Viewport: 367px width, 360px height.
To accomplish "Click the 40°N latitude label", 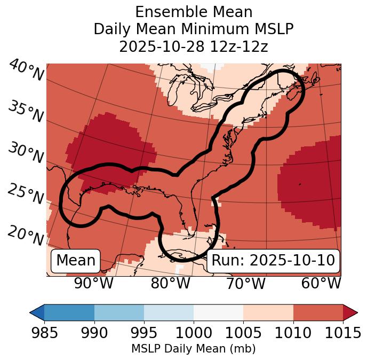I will tap(26, 71).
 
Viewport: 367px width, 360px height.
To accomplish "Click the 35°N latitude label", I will tap(26, 112).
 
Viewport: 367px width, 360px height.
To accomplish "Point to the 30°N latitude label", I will tap(26, 153).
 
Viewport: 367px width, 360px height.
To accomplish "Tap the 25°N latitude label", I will tap(26, 194).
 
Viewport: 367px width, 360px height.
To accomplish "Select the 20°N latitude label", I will tap(26, 235).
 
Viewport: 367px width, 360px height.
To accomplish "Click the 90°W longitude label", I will tap(94, 283).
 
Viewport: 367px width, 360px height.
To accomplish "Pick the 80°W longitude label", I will tap(171, 283).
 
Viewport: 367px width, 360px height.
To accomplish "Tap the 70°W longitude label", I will tap(245, 283).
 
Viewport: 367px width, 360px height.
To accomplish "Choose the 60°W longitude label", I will tap(321, 283).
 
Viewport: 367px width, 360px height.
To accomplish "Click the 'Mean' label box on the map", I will tap(76, 261).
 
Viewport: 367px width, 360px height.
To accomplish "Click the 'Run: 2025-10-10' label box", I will tap(273, 261).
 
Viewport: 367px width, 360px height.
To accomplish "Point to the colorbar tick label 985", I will tap(45, 333).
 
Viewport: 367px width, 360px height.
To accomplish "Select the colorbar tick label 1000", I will tap(193, 333).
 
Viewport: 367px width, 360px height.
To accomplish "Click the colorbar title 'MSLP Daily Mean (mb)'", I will tap(193, 349).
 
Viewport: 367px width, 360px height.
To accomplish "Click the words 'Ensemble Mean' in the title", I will tap(194, 12).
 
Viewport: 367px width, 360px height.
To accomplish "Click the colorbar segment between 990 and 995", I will tap(119, 312).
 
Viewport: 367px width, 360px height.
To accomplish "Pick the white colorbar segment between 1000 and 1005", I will tap(218, 312).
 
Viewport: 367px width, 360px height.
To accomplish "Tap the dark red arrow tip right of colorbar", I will tap(350, 312).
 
